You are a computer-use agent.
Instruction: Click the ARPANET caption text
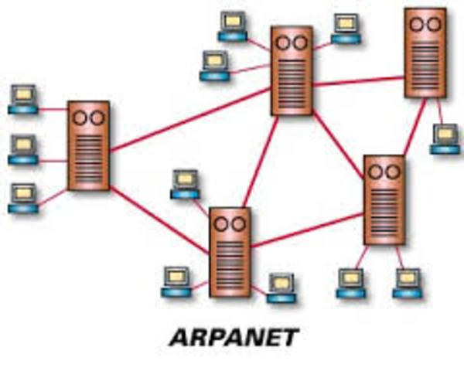(x=233, y=338)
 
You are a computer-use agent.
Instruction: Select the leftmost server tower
(x=88, y=145)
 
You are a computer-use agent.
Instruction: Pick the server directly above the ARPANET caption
(x=230, y=252)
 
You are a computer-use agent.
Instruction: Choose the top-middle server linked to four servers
(x=292, y=70)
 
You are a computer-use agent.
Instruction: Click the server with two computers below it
(x=384, y=199)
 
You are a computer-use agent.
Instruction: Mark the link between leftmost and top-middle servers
(x=189, y=117)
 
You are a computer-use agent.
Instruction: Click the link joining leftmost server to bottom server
(x=159, y=220)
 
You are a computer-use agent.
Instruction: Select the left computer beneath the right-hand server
(x=350, y=283)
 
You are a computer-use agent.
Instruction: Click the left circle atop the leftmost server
(x=80, y=117)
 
